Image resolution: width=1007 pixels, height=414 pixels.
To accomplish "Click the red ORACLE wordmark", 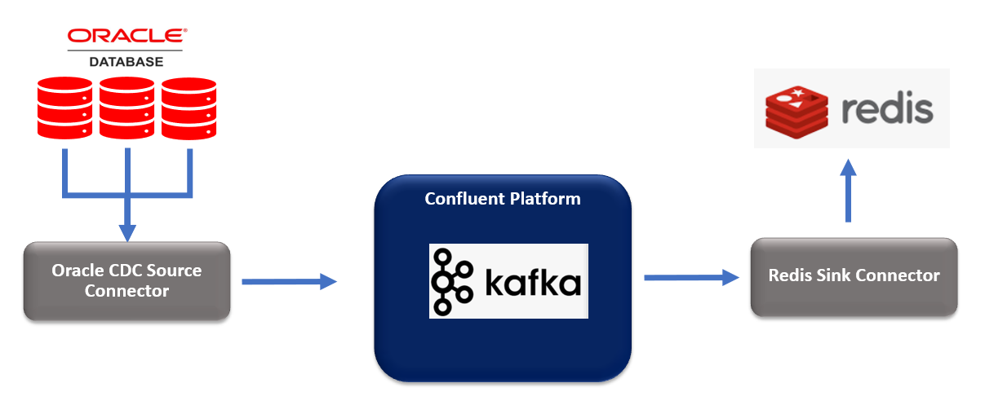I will tap(126, 37).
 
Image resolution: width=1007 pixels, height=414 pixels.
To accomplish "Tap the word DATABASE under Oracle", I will tap(126, 61).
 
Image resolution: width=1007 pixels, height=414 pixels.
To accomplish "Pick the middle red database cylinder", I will tap(126, 108).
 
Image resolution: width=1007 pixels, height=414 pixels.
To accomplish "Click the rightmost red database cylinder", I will tap(189, 108).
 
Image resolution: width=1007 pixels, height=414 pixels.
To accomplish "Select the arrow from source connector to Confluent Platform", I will tap(289, 282).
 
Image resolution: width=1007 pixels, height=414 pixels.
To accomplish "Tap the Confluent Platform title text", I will tap(503, 199).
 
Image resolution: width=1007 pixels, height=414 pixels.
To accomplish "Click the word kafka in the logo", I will tap(533, 283).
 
